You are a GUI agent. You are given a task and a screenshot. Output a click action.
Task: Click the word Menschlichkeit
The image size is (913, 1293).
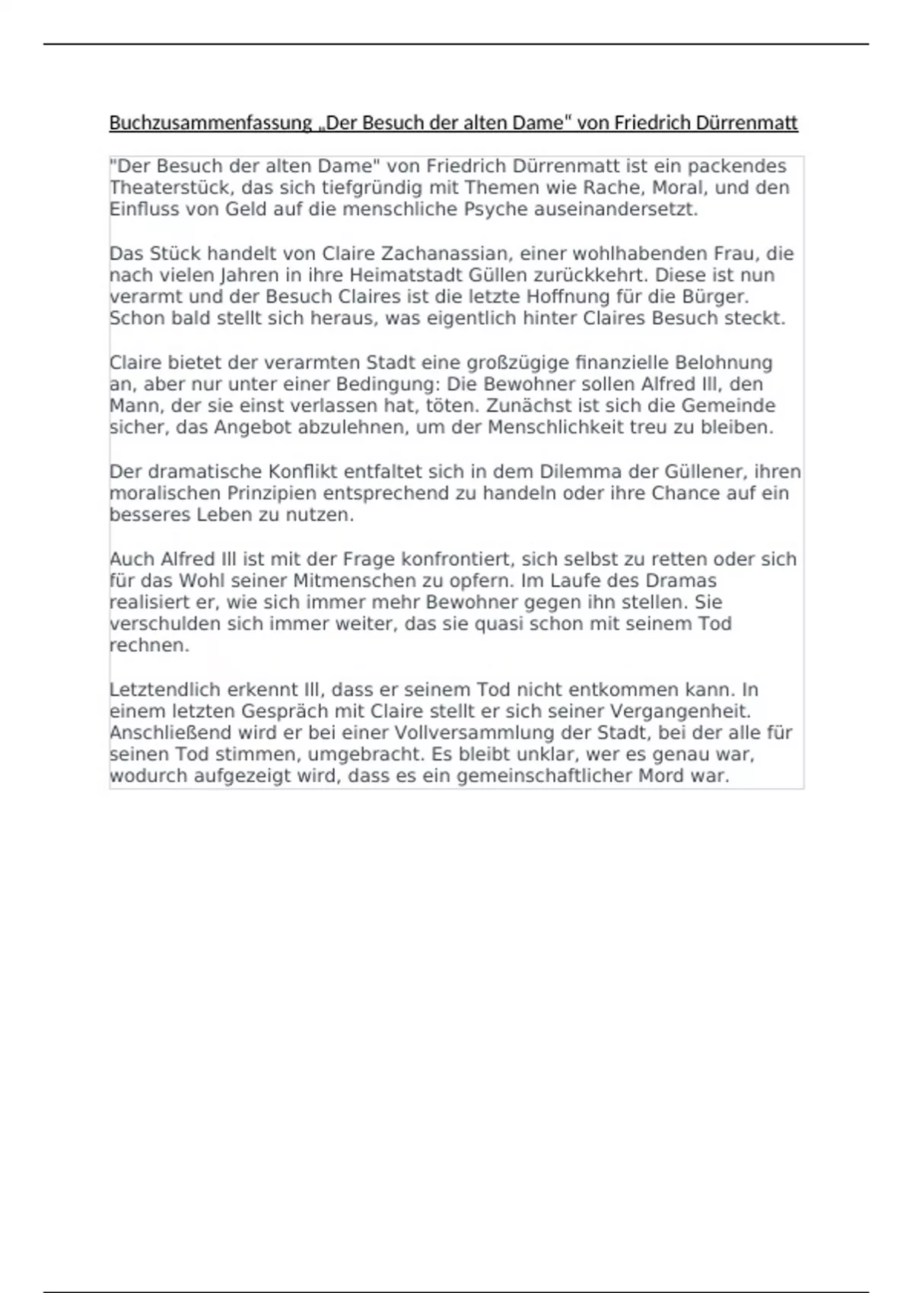(x=555, y=427)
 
